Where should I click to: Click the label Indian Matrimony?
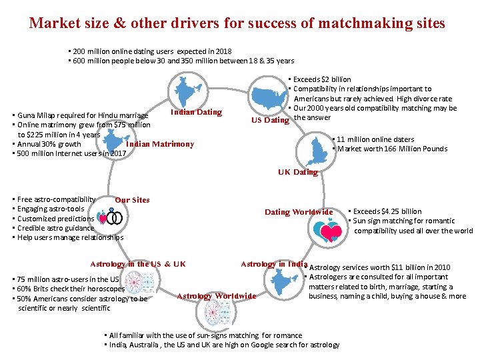[160, 144]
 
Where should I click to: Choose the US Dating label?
[270, 121]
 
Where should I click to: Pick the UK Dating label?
[297, 172]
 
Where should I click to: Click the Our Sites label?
[132, 200]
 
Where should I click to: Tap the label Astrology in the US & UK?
[138, 264]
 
